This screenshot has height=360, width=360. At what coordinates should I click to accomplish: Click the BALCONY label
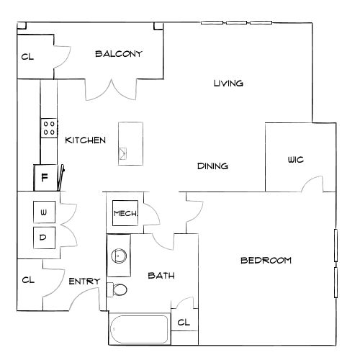click(119, 54)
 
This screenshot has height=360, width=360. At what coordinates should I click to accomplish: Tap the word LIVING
click(228, 84)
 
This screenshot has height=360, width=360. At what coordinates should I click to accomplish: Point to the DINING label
click(212, 166)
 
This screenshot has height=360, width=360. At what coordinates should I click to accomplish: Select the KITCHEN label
click(86, 140)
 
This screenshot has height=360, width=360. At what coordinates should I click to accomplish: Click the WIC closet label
click(296, 160)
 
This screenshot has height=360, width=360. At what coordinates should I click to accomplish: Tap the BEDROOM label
click(266, 261)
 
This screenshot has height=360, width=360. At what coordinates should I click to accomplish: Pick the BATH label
click(161, 276)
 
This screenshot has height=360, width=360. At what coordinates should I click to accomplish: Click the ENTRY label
click(84, 281)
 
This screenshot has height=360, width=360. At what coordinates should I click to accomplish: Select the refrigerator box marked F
click(45, 178)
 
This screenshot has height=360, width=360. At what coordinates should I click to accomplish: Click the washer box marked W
click(44, 212)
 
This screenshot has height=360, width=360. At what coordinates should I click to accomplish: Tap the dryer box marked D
click(44, 238)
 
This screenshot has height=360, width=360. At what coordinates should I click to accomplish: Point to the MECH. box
click(125, 213)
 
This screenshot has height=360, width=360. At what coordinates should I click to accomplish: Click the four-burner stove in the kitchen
click(49, 128)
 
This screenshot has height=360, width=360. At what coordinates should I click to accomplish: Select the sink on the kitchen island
click(123, 153)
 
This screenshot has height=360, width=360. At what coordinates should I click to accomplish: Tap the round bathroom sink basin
click(119, 256)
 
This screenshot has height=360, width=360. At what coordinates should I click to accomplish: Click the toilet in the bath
click(117, 289)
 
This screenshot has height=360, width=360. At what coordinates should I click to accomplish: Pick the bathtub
click(139, 329)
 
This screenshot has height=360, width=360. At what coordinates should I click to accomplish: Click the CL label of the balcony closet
click(27, 57)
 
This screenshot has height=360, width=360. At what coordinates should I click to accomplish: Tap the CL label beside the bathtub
click(184, 323)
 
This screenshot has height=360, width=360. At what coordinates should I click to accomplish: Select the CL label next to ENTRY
click(28, 280)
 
